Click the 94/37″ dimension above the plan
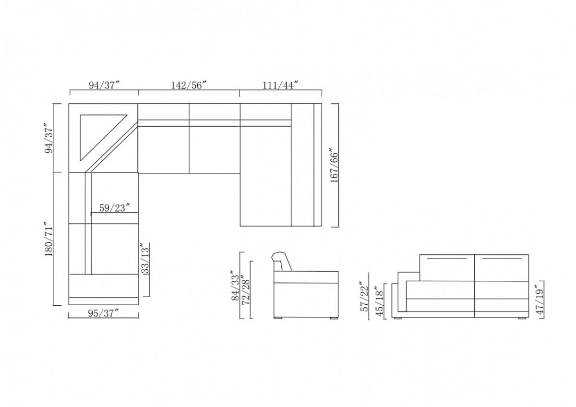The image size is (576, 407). click(x=104, y=85)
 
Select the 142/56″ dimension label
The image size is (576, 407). click(x=189, y=85)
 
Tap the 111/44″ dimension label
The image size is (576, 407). click(x=281, y=85)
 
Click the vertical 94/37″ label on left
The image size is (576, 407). click(x=49, y=138)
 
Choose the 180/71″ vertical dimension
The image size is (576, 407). click(x=49, y=239)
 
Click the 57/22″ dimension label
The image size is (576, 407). click(x=365, y=296)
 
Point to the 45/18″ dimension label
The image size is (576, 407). click(x=380, y=302)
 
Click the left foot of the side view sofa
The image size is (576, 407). click(x=278, y=318)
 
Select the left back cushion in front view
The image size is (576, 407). click(x=447, y=268)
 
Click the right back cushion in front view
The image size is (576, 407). click(x=502, y=268)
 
